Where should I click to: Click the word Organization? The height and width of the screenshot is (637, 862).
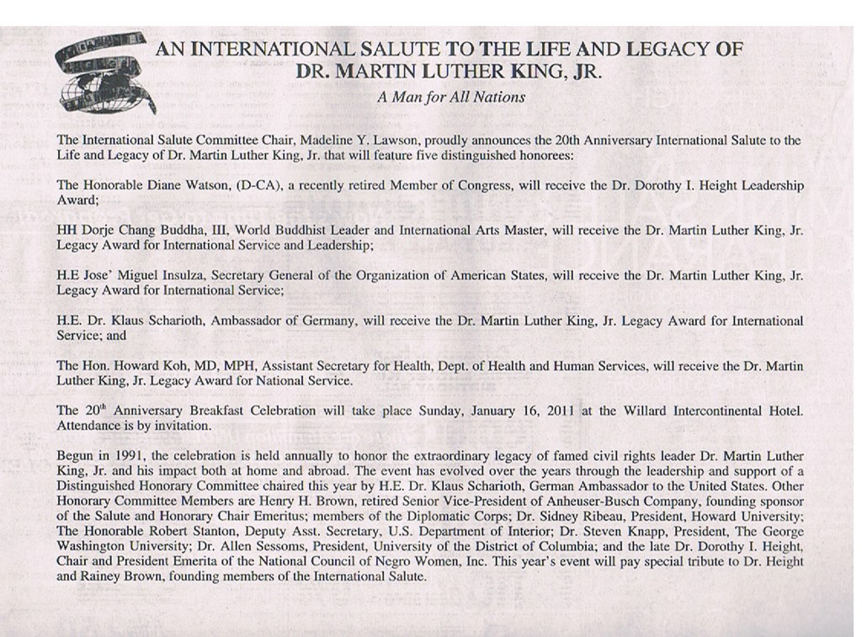pyautogui.click(x=425, y=275)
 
